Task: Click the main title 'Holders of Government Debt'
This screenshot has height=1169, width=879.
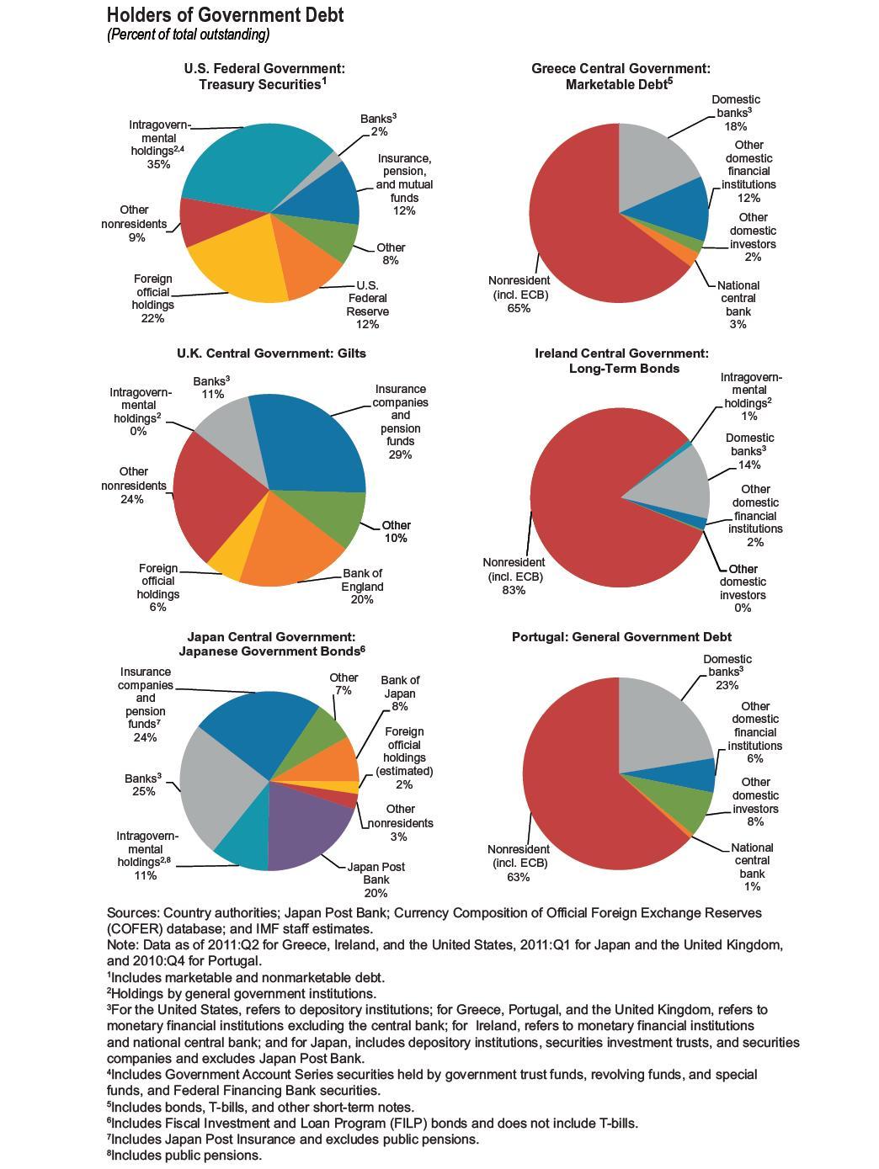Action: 225,15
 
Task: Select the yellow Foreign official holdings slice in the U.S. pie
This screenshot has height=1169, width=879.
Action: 241,265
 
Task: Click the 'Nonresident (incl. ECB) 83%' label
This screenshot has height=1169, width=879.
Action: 514,576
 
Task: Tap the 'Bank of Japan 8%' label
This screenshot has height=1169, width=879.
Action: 399,693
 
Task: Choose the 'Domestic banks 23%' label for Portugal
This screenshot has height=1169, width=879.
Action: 727,672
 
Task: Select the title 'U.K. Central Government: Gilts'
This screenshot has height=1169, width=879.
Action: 271,353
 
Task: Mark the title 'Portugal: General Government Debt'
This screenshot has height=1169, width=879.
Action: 621,637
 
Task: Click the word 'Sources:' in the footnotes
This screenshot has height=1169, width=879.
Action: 133,913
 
